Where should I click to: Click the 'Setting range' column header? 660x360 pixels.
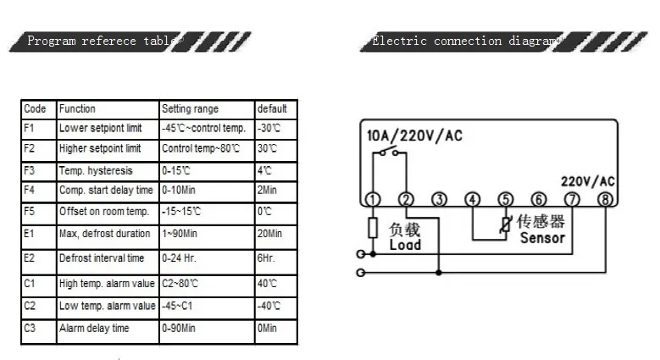[190, 109]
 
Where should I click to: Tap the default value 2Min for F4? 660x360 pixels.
[267, 190]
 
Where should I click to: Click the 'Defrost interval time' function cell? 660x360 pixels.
[102, 258]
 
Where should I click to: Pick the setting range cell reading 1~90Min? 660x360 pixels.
[180, 233]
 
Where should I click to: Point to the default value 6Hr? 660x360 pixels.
[265, 258]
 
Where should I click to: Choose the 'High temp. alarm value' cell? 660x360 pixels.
[107, 284]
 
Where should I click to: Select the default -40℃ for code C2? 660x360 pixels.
[269, 306]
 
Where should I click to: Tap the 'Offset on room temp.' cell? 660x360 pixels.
[104, 212]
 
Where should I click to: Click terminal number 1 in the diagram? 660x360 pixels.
[373, 199]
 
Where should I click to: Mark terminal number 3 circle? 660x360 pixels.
[439, 199]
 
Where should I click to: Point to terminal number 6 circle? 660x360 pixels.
[539, 199]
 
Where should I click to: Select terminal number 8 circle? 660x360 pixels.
[605, 199]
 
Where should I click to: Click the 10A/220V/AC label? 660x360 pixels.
[414, 136]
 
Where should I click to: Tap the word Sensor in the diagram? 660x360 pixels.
[542, 238]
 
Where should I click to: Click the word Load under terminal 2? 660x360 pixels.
[405, 245]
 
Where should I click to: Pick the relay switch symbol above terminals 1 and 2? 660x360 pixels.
[389, 152]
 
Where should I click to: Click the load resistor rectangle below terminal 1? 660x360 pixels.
[373, 228]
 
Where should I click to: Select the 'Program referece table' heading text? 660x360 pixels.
[100, 41]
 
